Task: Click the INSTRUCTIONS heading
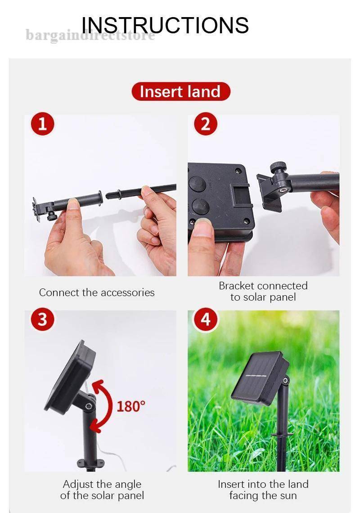pyautogui.click(x=165, y=25)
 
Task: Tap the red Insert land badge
pyautogui.click(x=180, y=91)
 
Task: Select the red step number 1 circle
pyautogui.click(x=42, y=124)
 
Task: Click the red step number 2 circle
pyautogui.click(x=206, y=124)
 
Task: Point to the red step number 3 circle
pyautogui.click(x=42, y=319)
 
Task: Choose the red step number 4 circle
pyautogui.click(x=206, y=319)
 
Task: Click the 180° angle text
pyautogui.click(x=130, y=406)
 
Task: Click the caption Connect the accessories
pyautogui.click(x=97, y=292)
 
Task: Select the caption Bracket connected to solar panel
pyautogui.click(x=263, y=292)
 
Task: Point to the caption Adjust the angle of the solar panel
pyautogui.click(x=102, y=490)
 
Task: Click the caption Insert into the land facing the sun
pyautogui.click(x=263, y=490)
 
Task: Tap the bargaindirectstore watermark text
pyautogui.click(x=90, y=35)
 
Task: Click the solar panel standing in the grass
pyautogui.click(x=260, y=378)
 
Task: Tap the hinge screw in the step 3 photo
pyautogui.click(x=88, y=406)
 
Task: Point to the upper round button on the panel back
pyautogui.click(x=198, y=184)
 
